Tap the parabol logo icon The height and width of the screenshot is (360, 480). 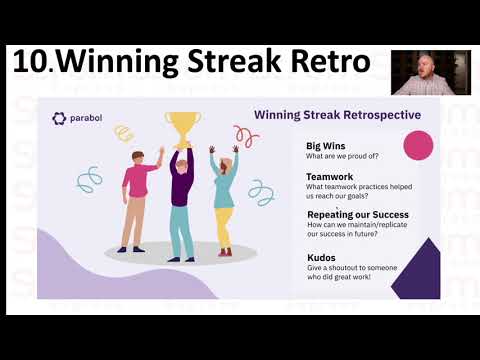(59, 119)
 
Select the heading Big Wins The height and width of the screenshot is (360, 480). (325, 145)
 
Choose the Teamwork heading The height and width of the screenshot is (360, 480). (329, 175)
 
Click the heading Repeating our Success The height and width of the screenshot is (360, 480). (358, 214)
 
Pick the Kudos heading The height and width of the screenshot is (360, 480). (323, 257)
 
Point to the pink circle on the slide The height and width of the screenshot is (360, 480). (417, 146)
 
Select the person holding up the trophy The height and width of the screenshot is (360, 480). (181, 200)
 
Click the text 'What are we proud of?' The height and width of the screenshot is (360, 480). (346, 156)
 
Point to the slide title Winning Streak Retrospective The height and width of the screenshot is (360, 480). (336, 115)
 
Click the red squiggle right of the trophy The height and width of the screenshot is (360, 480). (246, 135)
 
